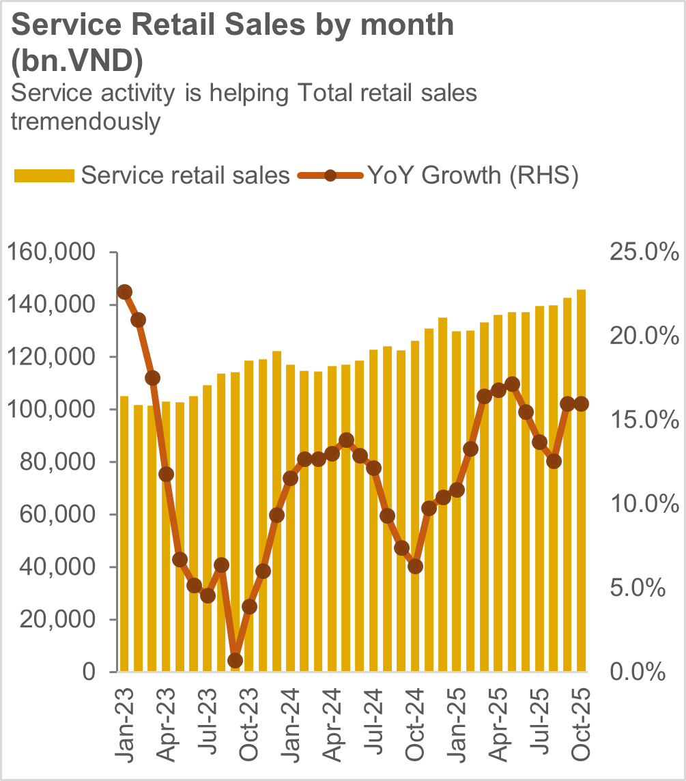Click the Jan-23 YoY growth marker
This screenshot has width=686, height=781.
124,292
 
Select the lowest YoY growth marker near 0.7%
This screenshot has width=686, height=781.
235,660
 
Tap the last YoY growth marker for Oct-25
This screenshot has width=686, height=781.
582,404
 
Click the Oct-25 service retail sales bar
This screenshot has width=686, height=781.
582,481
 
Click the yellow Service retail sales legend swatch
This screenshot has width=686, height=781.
44,176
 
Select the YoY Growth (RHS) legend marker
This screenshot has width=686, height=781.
330,176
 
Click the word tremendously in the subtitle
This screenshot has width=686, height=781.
86,122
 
